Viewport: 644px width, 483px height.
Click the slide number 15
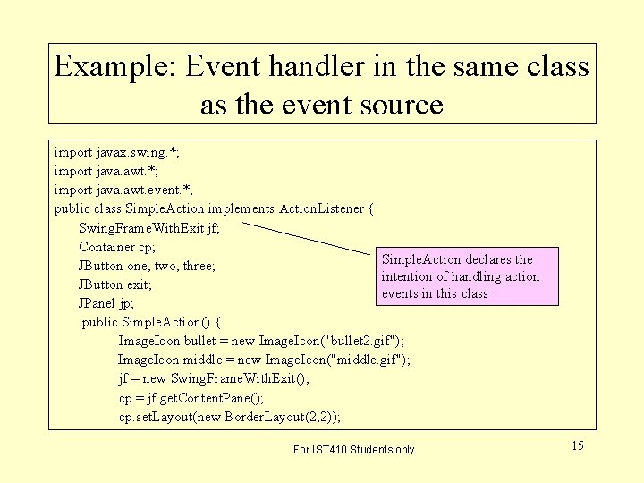(577, 445)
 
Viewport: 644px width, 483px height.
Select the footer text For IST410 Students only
(354, 449)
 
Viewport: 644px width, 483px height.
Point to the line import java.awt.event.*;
(123, 190)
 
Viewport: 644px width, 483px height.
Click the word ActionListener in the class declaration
(322, 208)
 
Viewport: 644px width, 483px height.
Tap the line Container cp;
(118, 247)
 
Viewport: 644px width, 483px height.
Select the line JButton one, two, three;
(148, 266)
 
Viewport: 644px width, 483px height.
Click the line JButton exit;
(115, 284)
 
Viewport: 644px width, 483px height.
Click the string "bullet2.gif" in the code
(362, 341)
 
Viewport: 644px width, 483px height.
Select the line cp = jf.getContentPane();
(204, 397)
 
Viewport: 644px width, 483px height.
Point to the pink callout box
(467, 276)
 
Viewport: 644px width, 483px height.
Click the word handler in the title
(335, 67)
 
